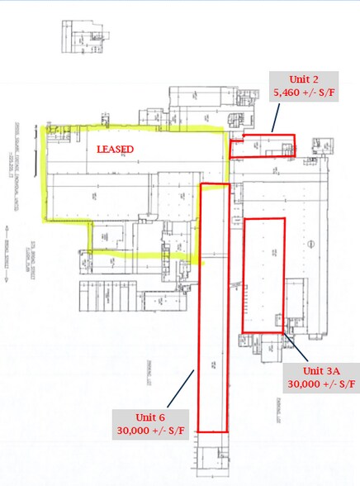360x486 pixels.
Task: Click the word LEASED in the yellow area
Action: pos(116,150)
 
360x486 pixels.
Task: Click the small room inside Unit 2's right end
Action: pos(287,149)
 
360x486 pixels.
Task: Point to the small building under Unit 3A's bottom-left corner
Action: pos(250,343)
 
